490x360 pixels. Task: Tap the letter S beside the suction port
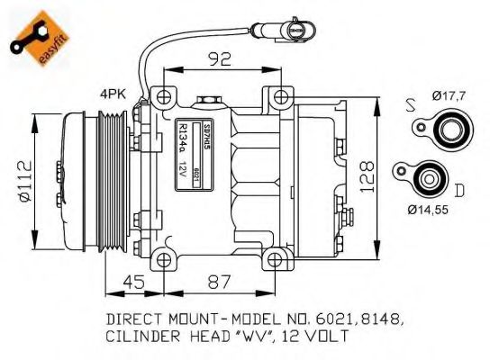(411, 106)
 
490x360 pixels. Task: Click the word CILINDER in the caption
(141, 337)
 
